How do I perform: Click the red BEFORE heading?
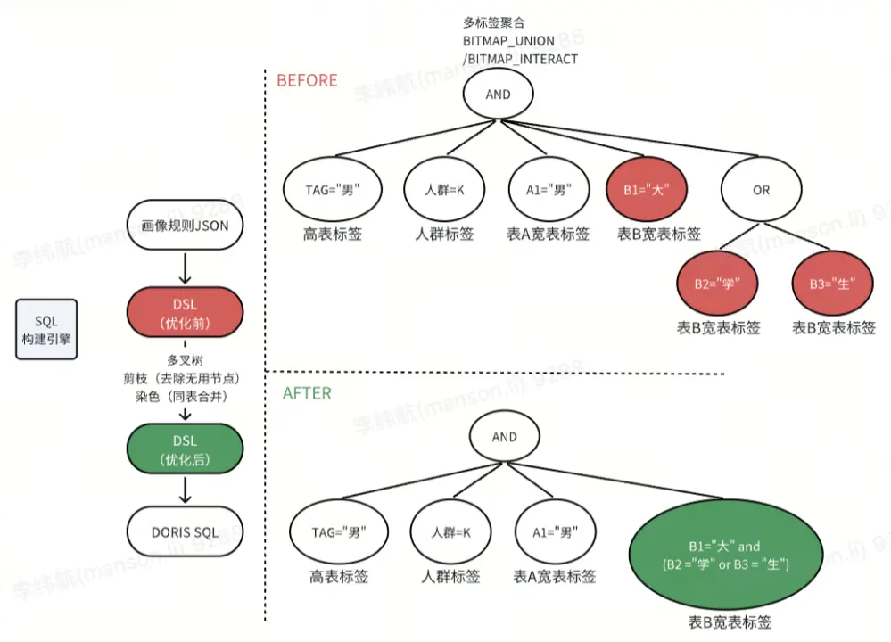307,80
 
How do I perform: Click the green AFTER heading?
307,393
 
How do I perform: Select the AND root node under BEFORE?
498,95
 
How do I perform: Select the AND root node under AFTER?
504,437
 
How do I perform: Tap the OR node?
760,190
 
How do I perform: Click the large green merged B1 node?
723,556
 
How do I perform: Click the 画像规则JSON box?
185,226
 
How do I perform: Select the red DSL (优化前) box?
185,313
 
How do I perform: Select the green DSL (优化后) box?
185,449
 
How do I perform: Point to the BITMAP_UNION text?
507,41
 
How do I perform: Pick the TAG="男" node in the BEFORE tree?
332,190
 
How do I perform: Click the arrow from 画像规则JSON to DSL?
185,267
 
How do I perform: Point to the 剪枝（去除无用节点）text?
185,377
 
